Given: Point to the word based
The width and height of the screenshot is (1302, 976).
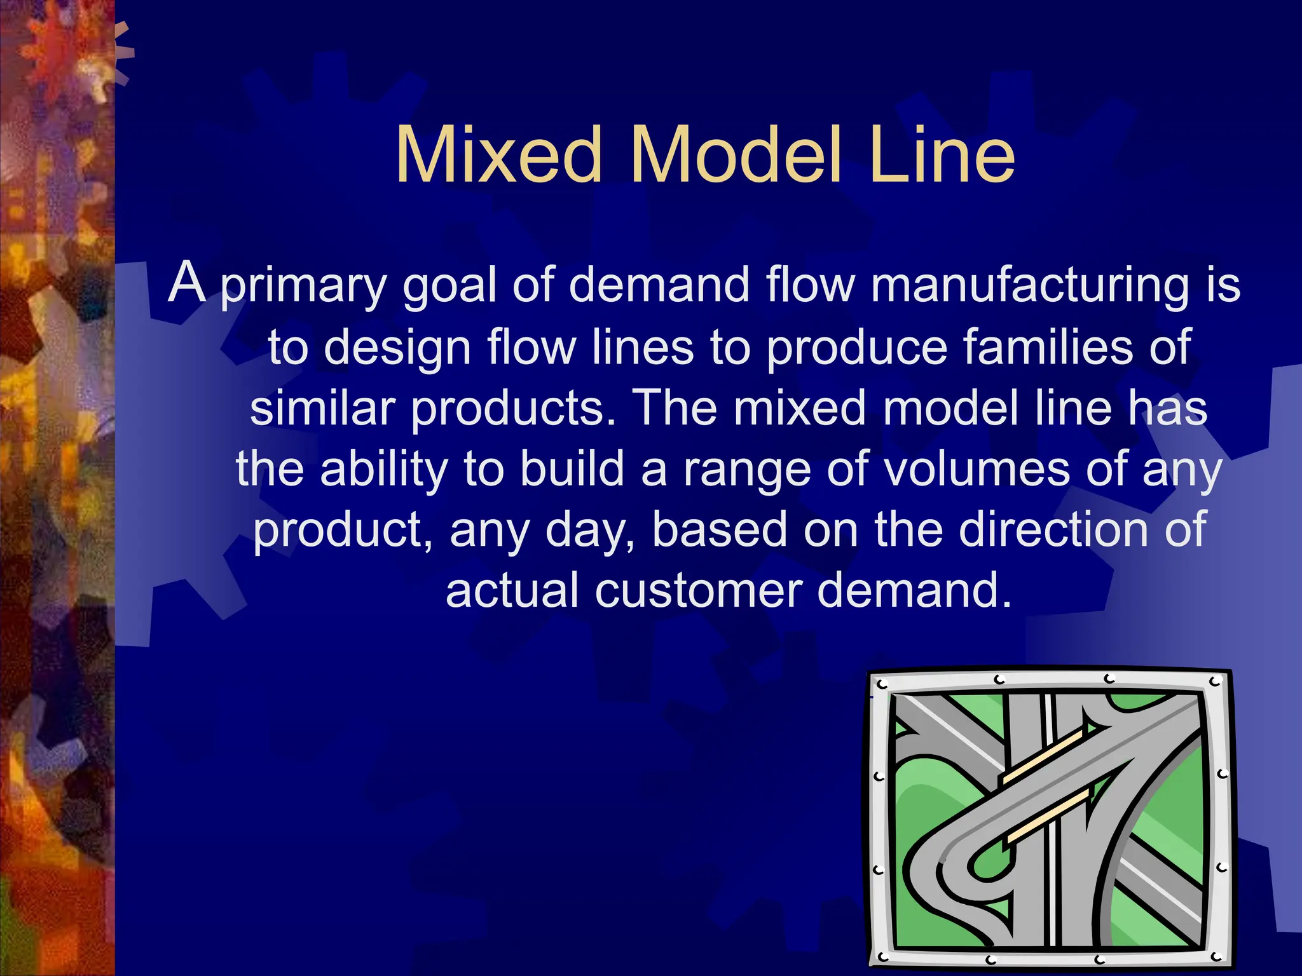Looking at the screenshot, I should (719, 529).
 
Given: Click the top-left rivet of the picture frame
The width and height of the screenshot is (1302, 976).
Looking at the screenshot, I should (882, 685).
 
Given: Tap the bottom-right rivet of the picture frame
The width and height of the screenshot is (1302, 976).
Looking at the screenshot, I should (1216, 956).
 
